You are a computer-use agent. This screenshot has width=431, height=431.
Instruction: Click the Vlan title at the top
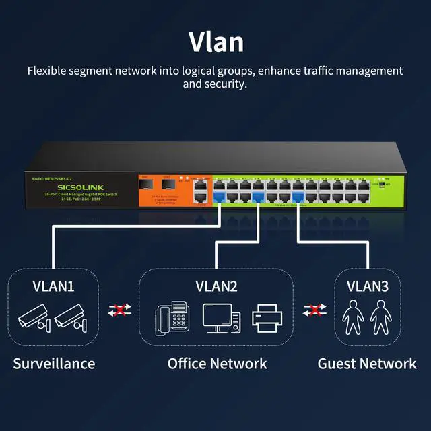[215, 41]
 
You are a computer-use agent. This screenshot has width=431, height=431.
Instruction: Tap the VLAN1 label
[53, 286]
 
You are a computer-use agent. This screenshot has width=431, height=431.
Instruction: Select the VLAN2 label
[216, 286]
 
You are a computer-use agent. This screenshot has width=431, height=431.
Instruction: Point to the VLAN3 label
[367, 286]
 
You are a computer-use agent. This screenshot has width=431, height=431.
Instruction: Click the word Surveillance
[54, 364]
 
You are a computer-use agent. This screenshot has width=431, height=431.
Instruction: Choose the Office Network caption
[217, 364]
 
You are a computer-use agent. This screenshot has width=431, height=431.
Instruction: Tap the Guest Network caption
[367, 364]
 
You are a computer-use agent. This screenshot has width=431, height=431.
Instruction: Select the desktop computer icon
[218, 317]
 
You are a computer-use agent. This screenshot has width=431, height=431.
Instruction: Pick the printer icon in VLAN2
[265, 317]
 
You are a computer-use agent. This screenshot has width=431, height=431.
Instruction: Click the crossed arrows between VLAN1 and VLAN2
[119, 310]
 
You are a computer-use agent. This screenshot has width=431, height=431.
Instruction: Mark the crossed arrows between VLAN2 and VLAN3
[312, 310]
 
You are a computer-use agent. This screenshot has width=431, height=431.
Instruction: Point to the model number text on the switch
[50, 178]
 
